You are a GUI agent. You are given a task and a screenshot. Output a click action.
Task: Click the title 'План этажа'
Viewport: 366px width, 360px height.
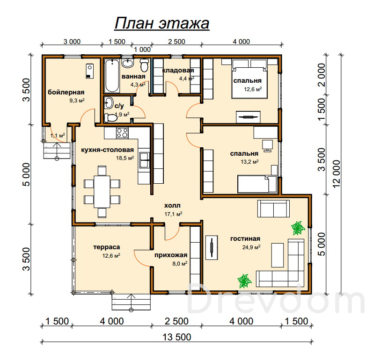162,24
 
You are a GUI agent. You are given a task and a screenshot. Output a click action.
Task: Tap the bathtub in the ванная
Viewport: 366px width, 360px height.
112,76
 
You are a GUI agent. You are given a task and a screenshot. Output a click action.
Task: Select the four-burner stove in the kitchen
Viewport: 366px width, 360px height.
122,133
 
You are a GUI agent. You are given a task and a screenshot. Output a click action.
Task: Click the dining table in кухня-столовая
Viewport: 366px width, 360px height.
102,192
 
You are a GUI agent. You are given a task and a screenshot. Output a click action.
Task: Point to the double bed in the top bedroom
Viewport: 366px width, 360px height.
249,79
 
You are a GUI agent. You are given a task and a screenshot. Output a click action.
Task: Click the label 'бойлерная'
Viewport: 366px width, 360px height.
66,92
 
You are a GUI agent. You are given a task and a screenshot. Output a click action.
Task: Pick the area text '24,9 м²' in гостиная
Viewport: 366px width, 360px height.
251,247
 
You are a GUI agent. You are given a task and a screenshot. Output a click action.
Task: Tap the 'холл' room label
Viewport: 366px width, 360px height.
172,206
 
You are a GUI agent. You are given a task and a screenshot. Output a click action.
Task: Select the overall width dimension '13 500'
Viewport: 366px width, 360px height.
177,337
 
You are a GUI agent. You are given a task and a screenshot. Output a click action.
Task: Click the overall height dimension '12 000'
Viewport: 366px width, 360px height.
337,174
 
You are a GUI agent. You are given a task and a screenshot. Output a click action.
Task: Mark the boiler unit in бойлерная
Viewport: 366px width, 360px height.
90,71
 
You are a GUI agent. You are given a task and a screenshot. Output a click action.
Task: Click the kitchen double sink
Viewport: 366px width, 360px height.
145,160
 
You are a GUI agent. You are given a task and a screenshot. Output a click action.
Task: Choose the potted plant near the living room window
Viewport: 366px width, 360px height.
298,228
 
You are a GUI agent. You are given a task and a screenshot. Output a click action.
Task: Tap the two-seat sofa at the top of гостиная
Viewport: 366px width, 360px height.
274,209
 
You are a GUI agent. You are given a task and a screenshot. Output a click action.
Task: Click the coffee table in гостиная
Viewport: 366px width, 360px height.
278,255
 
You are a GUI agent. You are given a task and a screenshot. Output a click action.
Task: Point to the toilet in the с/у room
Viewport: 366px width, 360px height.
110,118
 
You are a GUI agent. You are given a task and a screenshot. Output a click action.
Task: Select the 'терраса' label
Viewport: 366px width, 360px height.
106,247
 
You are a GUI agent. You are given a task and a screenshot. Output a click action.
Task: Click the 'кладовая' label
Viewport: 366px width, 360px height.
178,71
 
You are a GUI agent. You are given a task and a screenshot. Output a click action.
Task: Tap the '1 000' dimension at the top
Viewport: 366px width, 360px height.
142,50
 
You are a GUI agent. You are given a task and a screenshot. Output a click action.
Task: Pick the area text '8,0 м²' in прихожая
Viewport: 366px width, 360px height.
180,264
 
